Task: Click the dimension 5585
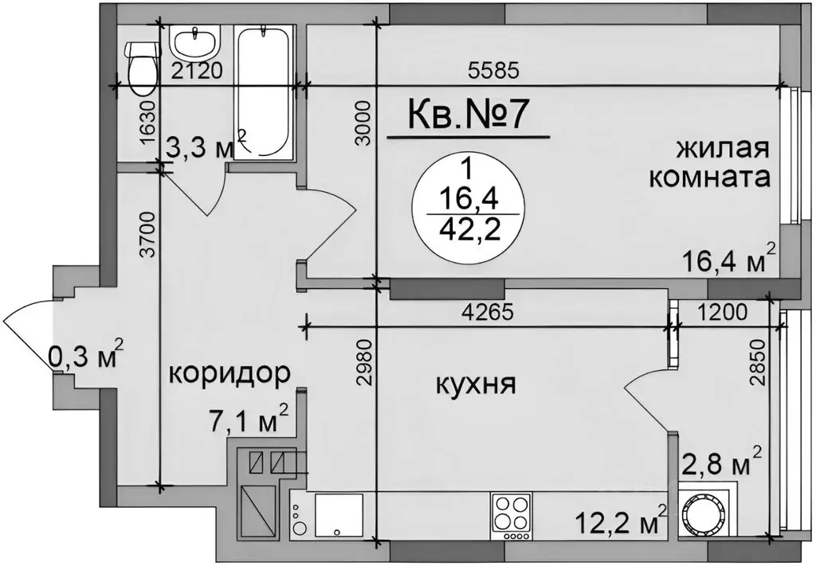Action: (x=494, y=70)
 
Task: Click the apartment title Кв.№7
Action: (x=469, y=115)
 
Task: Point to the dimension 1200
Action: (x=724, y=311)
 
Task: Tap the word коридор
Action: (x=228, y=373)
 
